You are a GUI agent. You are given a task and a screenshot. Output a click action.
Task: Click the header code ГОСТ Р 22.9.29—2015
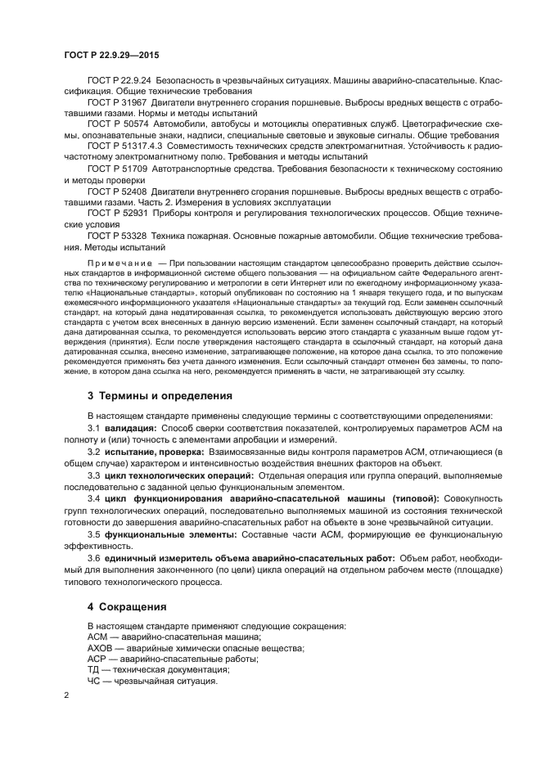(111, 53)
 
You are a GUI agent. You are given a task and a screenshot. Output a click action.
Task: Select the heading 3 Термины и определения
(160, 395)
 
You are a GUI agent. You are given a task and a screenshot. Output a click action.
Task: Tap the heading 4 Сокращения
(127, 607)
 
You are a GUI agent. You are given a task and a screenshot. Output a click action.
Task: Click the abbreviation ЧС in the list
(94, 681)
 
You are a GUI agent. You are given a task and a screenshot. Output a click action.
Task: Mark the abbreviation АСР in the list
(97, 659)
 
